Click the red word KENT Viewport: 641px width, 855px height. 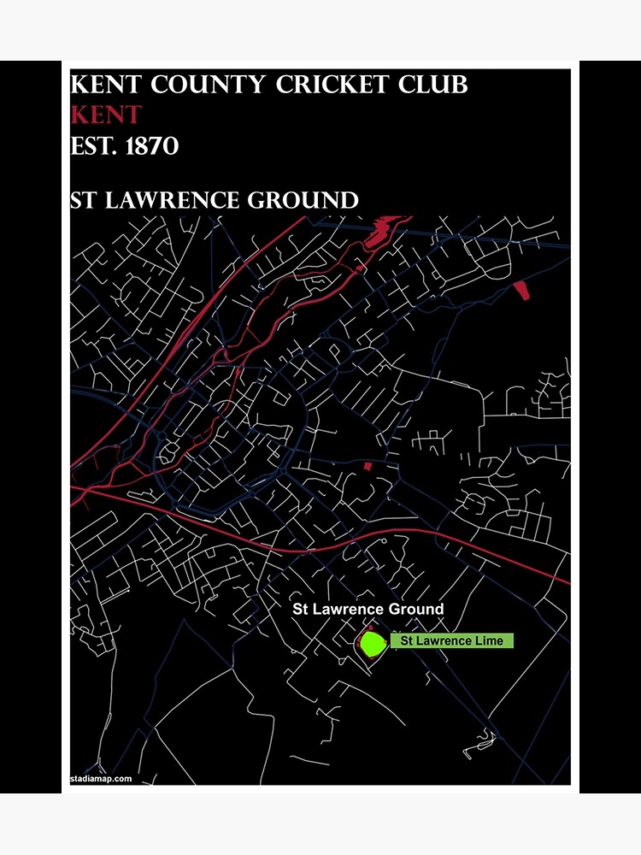tap(106, 115)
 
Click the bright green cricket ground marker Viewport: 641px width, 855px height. tap(372, 643)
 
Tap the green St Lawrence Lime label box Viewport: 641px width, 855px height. tap(451, 640)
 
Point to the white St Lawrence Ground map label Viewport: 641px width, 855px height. tap(368, 610)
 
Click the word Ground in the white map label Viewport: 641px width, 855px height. tap(416, 610)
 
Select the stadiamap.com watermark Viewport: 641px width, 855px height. tap(101, 779)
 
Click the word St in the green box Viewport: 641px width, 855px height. tap(407, 640)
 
